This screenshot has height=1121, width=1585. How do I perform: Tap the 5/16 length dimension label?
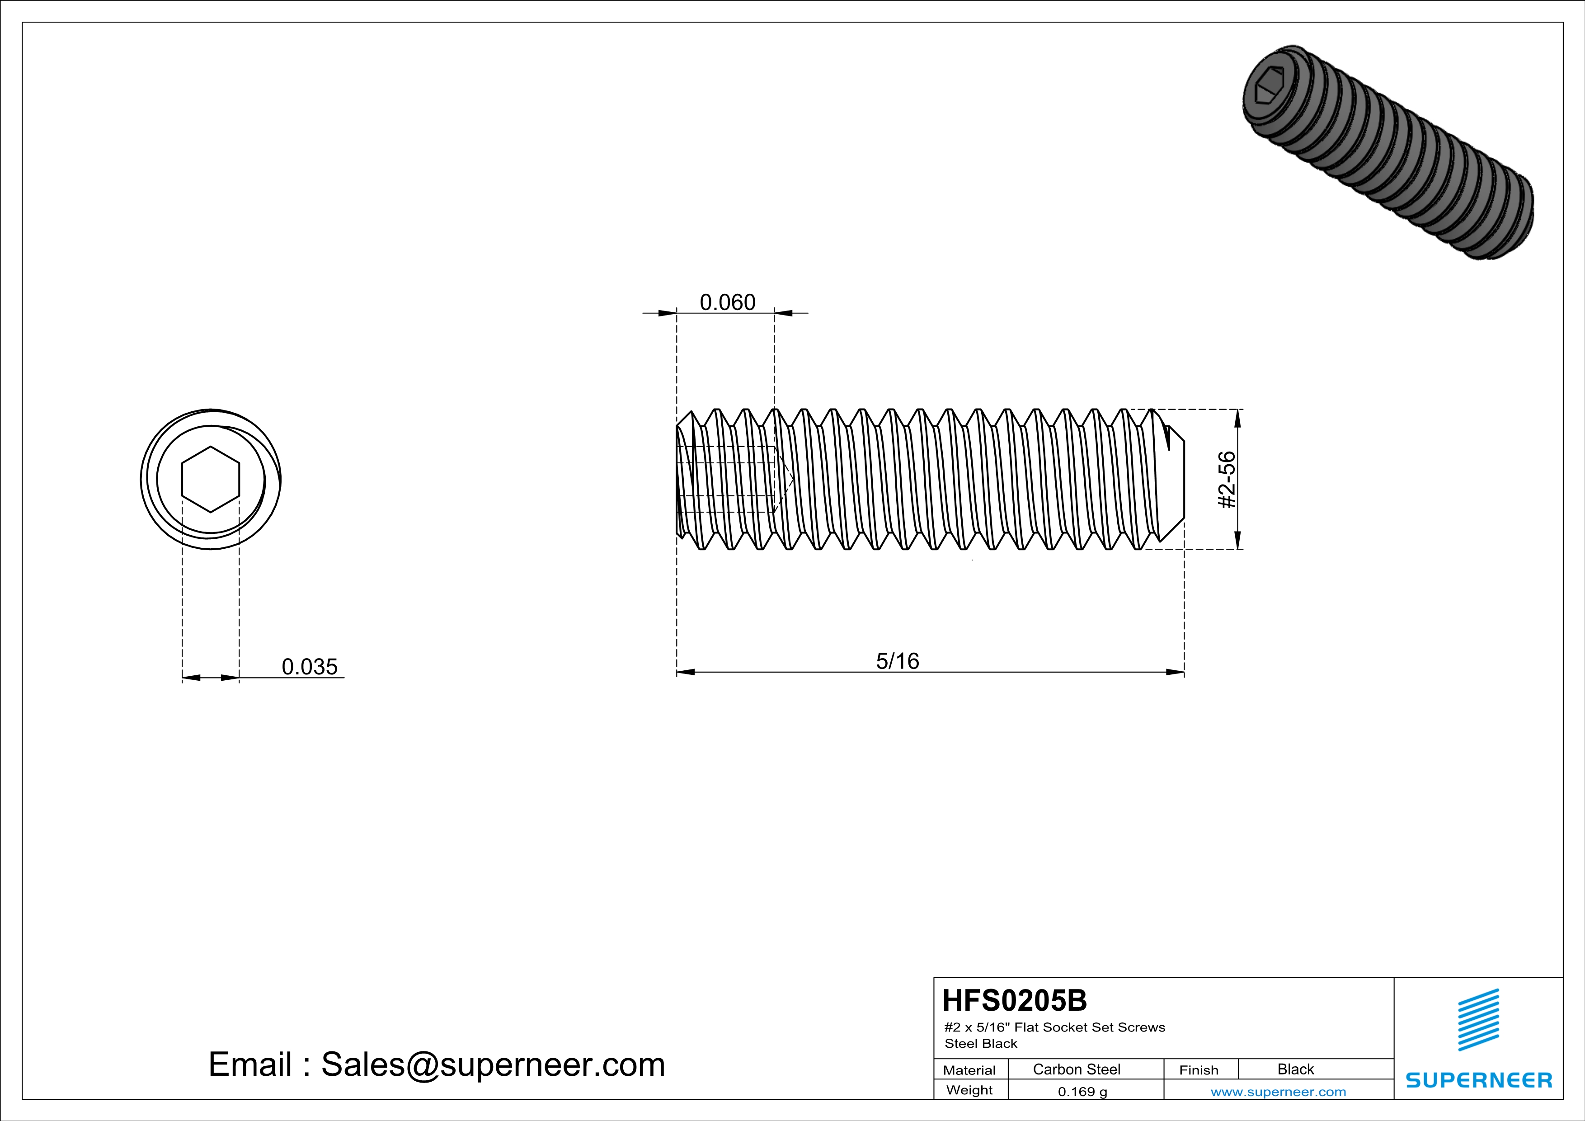click(898, 661)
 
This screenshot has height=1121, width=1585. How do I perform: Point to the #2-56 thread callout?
click(1227, 480)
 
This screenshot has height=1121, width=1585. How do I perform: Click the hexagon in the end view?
click(211, 479)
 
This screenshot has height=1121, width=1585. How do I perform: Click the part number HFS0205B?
click(1014, 1000)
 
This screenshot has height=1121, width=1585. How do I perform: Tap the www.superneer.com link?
click(1278, 1092)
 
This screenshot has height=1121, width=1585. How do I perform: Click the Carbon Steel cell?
click(1076, 1069)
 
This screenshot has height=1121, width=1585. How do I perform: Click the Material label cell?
click(969, 1070)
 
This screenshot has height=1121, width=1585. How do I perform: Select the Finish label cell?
click(1199, 1070)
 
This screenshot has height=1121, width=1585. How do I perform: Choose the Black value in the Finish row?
click(1295, 1069)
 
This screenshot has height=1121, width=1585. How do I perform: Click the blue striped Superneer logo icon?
click(1478, 1020)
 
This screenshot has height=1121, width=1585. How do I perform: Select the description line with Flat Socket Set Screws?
click(1054, 1027)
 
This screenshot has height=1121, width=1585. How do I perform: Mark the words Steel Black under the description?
click(980, 1044)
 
